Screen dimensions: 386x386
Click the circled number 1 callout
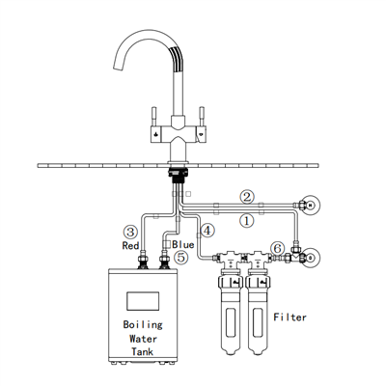click(x=247, y=221)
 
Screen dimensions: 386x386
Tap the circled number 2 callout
click(x=247, y=197)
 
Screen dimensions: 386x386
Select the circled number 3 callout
click(x=130, y=232)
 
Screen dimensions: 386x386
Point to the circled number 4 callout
click(x=207, y=231)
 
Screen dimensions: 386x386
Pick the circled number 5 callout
click(x=180, y=258)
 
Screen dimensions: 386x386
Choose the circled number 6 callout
click(x=277, y=248)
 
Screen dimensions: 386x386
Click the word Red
click(x=130, y=246)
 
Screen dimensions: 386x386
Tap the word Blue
click(x=183, y=244)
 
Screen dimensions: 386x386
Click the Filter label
click(x=289, y=317)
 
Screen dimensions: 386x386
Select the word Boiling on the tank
click(x=143, y=324)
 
